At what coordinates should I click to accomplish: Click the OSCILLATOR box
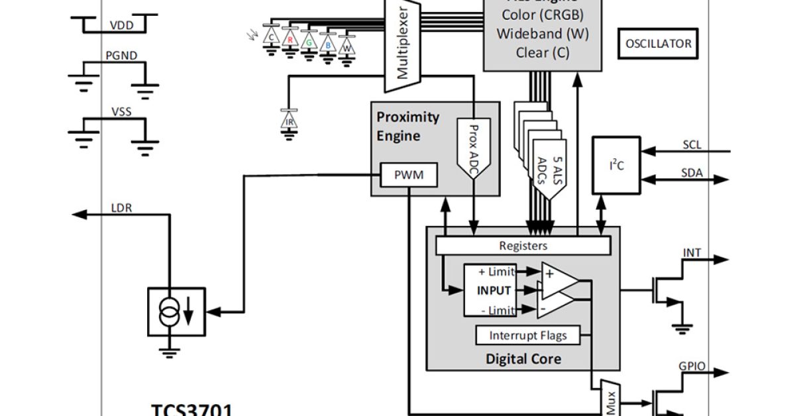(x=659, y=44)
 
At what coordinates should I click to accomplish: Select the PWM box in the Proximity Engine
(x=409, y=176)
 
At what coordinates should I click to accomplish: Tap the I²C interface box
(x=616, y=166)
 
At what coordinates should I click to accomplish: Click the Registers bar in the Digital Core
(x=523, y=246)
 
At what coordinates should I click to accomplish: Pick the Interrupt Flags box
(x=528, y=335)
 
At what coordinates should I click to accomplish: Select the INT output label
(x=692, y=253)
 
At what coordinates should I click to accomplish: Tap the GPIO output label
(x=692, y=366)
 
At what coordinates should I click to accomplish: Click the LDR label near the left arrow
(x=121, y=207)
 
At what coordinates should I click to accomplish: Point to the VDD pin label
(x=121, y=26)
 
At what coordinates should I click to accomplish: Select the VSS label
(x=121, y=111)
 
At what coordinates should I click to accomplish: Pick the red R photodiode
(x=290, y=39)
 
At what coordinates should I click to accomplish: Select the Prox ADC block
(x=473, y=152)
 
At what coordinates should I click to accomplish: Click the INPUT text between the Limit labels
(x=494, y=290)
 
